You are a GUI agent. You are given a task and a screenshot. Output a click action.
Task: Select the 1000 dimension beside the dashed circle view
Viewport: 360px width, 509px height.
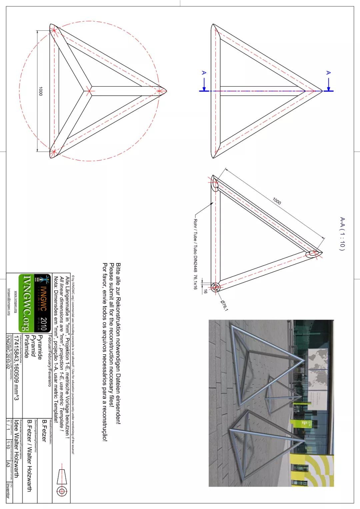[40, 91]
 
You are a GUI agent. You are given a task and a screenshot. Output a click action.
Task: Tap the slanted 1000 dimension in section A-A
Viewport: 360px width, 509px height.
[277, 201]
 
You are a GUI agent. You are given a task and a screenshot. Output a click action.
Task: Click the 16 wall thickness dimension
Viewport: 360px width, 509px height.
[206, 291]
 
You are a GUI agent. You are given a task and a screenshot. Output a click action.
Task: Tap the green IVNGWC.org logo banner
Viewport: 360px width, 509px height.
[25, 303]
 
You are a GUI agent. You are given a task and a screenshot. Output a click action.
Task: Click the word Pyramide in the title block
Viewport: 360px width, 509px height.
[40, 347]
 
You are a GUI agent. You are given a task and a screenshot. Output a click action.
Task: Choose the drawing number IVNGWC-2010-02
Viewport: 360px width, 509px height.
[8, 350]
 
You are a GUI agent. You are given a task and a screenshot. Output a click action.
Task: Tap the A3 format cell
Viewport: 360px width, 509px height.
[8, 465]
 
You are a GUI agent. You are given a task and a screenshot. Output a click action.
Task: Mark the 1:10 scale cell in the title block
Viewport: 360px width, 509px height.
[8, 445]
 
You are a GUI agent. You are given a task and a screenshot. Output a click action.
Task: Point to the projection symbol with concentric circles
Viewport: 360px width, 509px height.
[62, 491]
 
